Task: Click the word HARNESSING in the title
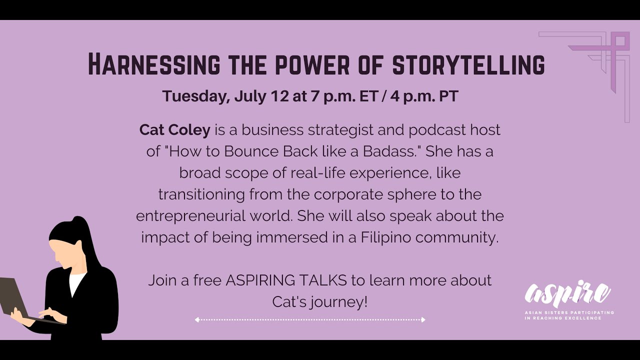pyautogui.click(x=154, y=64)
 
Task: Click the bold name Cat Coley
pyautogui.click(x=174, y=130)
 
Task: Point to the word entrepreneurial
pyautogui.click(x=190, y=215)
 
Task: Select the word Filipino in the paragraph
pyautogui.click(x=386, y=237)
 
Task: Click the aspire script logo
pyautogui.click(x=567, y=295)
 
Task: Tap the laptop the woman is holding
pyautogui.click(x=15, y=300)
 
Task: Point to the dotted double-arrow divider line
pyautogui.click(x=310, y=319)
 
